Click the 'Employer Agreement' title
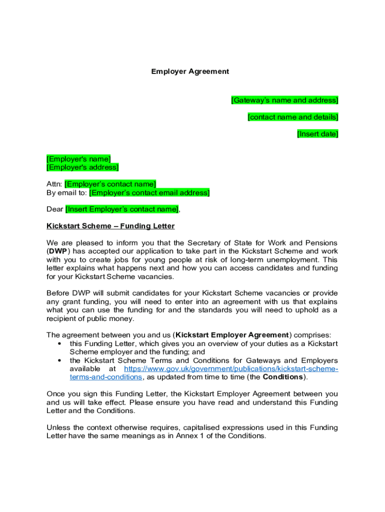click(190, 71)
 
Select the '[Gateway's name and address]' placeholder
click(284, 100)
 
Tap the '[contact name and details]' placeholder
click(293, 117)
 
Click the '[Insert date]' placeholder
click(317, 134)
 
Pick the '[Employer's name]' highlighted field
click(78, 159)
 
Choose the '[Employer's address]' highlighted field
click(82, 167)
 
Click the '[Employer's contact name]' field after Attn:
click(110, 184)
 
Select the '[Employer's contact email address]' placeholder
click(149, 192)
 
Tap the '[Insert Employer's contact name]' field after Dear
click(122, 209)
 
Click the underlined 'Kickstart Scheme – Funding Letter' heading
click(110, 226)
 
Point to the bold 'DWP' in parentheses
click(58, 251)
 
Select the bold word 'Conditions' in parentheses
click(283, 377)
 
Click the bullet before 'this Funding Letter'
click(60, 344)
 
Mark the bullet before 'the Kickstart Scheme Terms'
click(60, 360)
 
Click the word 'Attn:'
click(54, 184)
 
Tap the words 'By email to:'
click(67, 192)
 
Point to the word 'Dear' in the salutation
click(55, 209)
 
